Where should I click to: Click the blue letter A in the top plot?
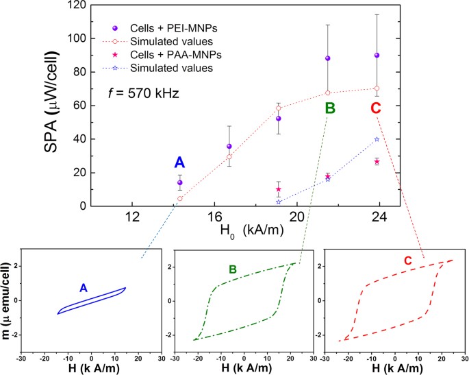[179, 162]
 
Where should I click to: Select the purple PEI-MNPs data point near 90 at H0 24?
[377, 55]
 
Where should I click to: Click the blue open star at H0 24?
[377, 139]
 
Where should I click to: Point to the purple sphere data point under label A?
[179, 182]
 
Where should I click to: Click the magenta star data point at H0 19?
[279, 189]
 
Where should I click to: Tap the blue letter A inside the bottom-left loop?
[83, 289]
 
